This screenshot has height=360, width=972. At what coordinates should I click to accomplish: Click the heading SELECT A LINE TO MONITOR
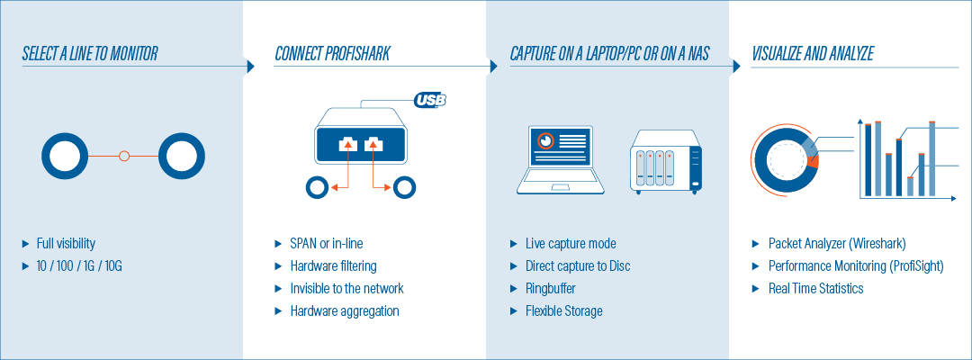click(90, 54)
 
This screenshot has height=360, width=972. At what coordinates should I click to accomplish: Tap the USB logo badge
click(430, 99)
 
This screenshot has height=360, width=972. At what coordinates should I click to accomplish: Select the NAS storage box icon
click(666, 162)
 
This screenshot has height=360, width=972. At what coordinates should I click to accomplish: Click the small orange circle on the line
click(124, 156)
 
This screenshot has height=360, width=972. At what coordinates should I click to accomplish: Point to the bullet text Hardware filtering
click(334, 266)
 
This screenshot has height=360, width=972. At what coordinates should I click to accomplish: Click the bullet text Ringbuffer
click(551, 289)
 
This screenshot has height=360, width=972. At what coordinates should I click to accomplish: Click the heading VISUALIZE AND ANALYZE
click(813, 54)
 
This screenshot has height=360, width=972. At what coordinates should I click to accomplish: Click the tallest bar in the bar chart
click(931, 158)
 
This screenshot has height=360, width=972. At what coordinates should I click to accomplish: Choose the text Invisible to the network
click(347, 289)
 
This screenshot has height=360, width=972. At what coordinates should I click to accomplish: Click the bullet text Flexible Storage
click(564, 311)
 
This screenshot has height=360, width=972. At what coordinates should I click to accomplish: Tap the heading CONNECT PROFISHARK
click(332, 54)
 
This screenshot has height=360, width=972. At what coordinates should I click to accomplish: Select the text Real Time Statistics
click(815, 289)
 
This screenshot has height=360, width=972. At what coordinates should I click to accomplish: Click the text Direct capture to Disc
click(578, 266)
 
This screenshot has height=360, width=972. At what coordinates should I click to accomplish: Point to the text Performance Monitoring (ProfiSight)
click(856, 266)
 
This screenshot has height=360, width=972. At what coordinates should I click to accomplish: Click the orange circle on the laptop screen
click(545, 140)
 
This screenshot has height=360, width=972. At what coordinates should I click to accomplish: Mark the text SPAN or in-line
click(327, 244)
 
